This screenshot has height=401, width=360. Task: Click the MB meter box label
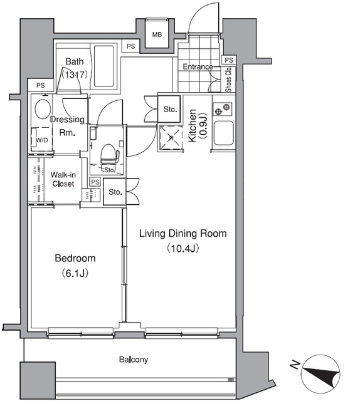[x=157, y=34]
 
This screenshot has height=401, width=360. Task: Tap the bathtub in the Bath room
[x=103, y=66]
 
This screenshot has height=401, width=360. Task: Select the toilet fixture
[x=110, y=154]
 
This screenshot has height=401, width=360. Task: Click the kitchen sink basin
[x=223, y=133]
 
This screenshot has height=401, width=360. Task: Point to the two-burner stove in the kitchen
[x=222, y=109]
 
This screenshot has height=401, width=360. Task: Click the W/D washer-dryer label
[x=42, y=140]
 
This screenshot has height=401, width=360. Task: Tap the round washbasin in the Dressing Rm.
[x=43, y=108]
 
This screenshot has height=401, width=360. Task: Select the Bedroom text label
[x=75, y=258]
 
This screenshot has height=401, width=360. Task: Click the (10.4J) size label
[x=183, y=248]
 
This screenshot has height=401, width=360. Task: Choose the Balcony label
[x=134, y=360]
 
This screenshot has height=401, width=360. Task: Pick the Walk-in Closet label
[x=63, y=179]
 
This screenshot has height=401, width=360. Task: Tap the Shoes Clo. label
[x=228, y=79]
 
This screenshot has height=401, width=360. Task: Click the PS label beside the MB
[x=131, y=46]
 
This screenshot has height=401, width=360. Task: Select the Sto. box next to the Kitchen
[x=170, y=110]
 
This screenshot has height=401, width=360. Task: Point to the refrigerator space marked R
[x=171, y=138]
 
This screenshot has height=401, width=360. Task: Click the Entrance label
[x=198, y=67]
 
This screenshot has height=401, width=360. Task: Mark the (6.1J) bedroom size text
[x=75, y=273]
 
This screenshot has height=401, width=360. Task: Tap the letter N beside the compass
[x=295, y=365]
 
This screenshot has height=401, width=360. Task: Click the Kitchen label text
[x=192, y=125]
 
